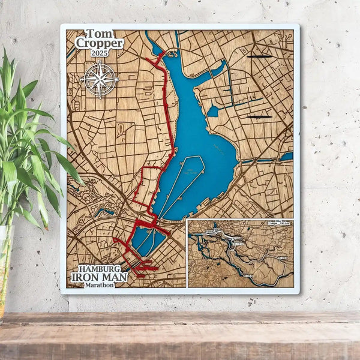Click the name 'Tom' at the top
tap(100, 34)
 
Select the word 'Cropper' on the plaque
tap(100, 44)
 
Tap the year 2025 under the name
tap(100, 53)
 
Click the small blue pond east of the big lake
tap(213, 111)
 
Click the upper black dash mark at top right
tap(259, 56)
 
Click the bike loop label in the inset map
tap(277, 224)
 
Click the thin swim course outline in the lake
tap(180, 180)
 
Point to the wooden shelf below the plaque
tap(180, 336)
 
